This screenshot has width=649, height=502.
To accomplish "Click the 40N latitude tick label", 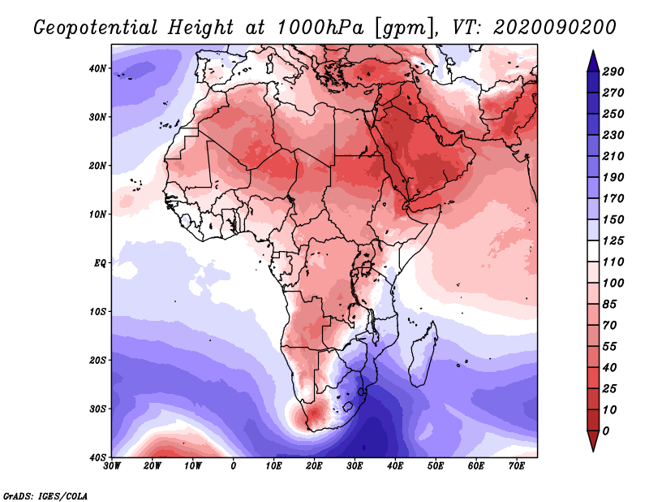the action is tap(97, 68).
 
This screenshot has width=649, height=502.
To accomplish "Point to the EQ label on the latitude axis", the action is tap(100, 263).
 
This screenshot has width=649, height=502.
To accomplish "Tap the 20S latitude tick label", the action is tap(97, 360).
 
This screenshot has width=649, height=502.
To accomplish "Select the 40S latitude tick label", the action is tap(97, 457).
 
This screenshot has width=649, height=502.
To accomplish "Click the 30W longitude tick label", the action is tap(112, 466).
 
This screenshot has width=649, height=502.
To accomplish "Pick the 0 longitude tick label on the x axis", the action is tap(234, 466).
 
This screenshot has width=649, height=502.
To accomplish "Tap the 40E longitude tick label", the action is tap(395, 466).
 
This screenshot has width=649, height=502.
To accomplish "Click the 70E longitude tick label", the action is tap(517, 466).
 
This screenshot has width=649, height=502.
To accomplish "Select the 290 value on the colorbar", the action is tap(612, 71).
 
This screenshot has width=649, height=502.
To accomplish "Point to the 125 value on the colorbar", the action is tap(612, 240).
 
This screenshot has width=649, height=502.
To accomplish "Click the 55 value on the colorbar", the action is tap(609, 347).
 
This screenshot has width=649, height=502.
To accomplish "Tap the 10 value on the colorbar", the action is tap(609, 410).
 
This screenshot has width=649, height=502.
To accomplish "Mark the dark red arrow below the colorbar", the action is tap(593, 440).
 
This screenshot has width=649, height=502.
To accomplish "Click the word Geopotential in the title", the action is tap(96, 28).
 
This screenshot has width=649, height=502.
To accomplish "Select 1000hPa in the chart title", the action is tap(320, 28).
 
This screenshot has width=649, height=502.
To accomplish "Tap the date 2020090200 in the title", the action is tap(555, 28).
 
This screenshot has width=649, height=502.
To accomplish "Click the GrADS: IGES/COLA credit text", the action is tap(45, 496).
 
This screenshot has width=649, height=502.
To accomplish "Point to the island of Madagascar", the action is tap(423, 354).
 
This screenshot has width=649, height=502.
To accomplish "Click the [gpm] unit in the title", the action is tap(406, 28).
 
